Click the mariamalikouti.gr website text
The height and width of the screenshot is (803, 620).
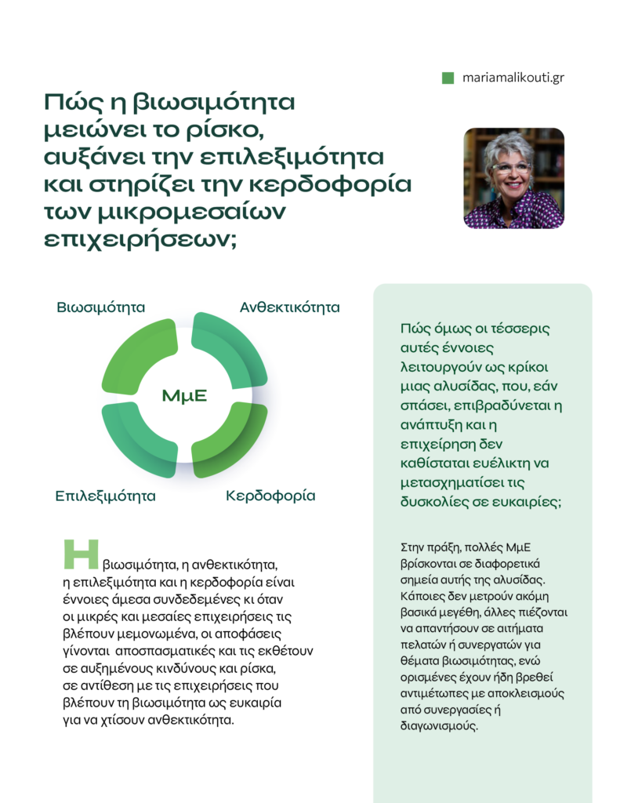point(513,78)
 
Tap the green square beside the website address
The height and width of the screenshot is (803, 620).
point(448,78)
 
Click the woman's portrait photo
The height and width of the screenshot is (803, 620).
point(513,178)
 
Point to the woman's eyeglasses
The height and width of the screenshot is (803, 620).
point(509,168)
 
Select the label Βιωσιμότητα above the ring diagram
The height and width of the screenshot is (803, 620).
point(101,307)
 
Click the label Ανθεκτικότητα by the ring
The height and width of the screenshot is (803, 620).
point(289,307)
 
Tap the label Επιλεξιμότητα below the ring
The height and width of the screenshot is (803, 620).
point(105,496)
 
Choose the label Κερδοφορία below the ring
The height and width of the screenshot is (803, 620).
point(270,496)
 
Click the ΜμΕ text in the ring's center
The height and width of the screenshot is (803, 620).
point(184,396)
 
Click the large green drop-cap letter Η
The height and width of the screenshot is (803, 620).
point(81,554)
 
